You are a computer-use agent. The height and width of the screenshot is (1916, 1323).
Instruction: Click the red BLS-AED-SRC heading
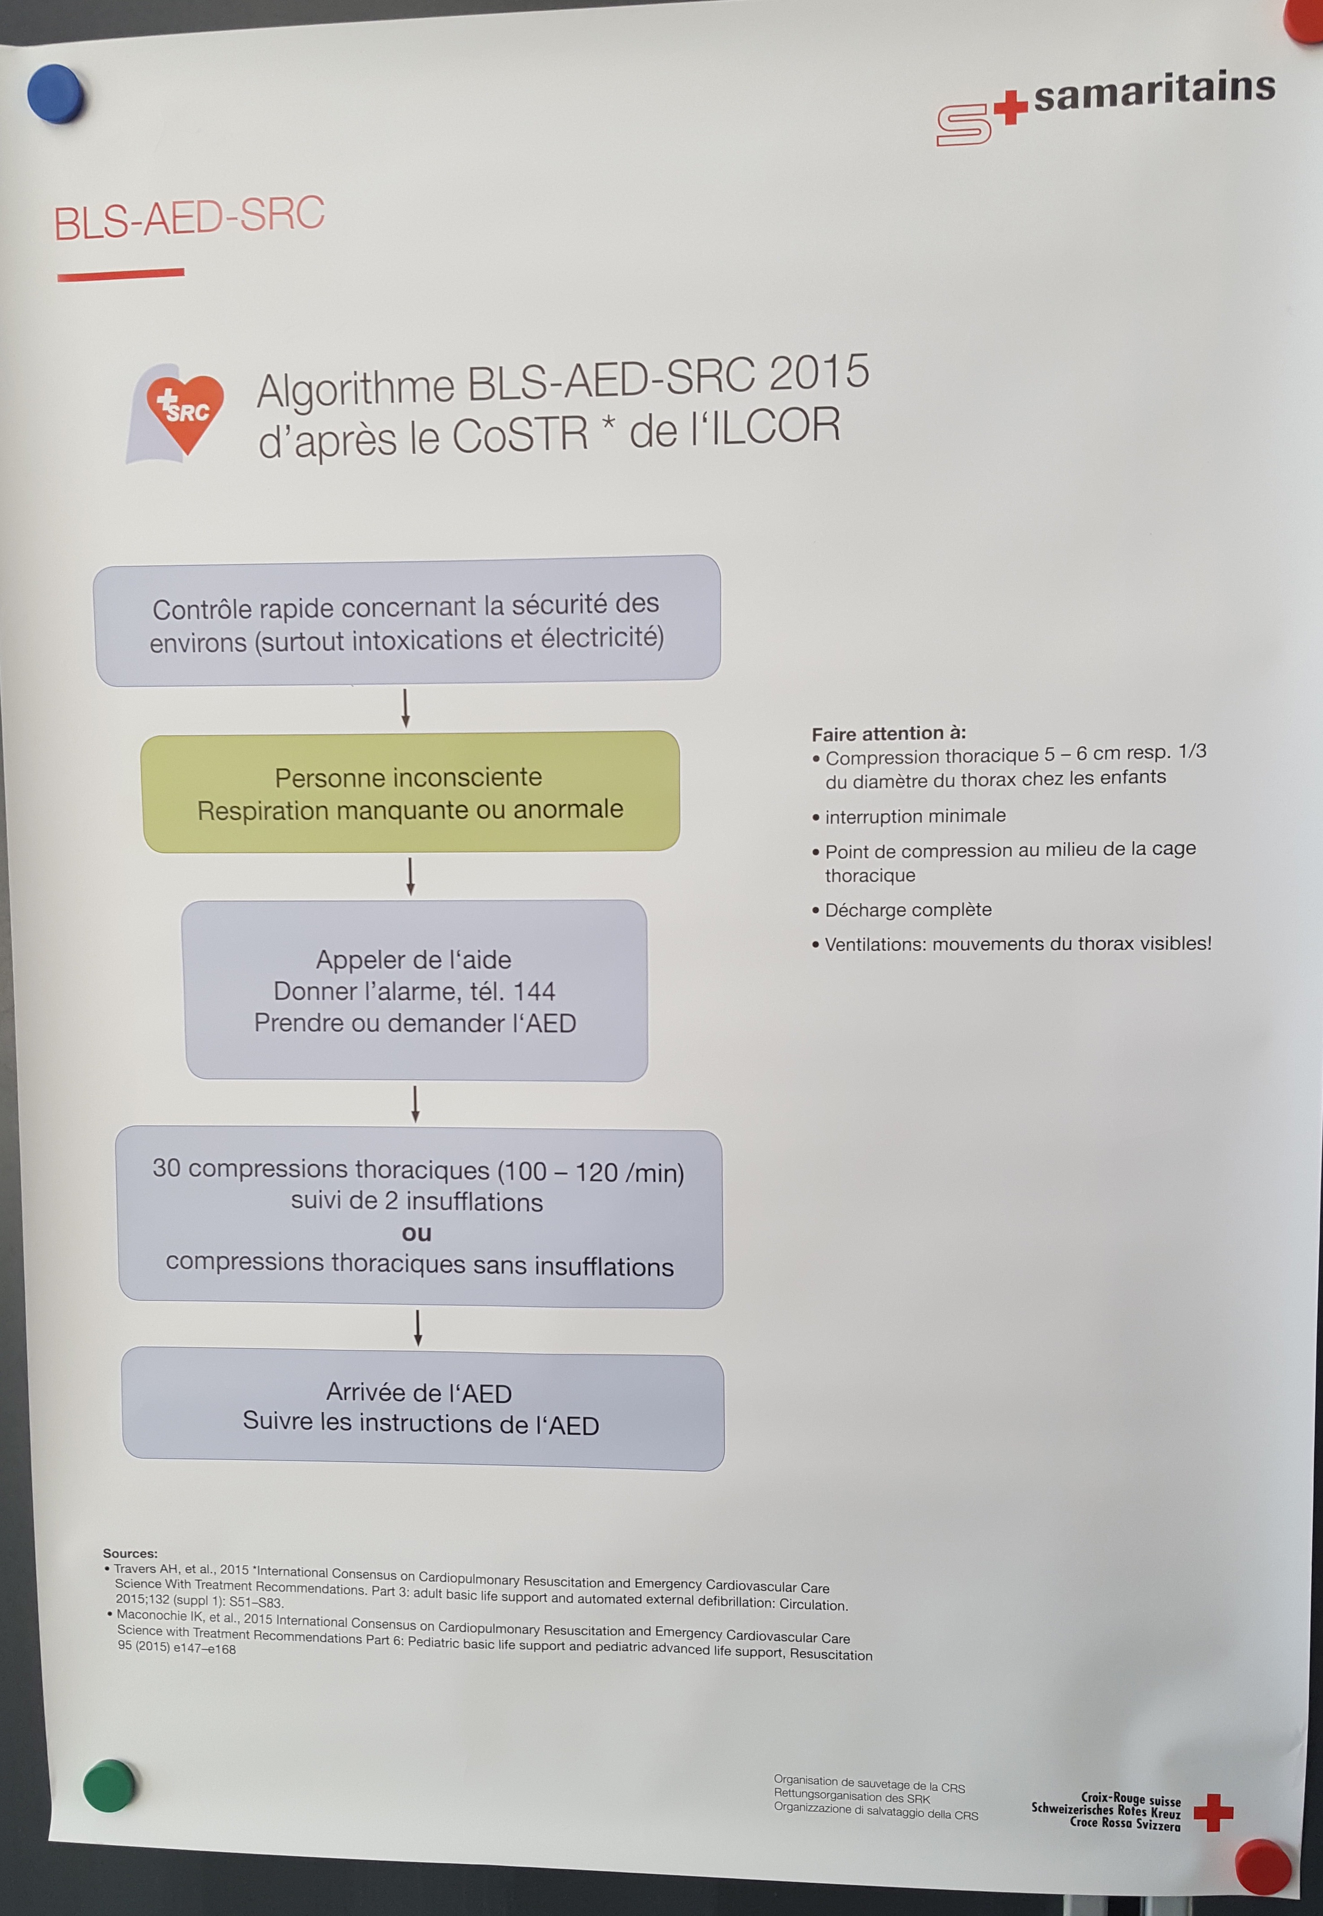pyautogui.click(x=189, y=217)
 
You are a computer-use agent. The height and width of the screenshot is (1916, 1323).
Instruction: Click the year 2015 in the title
pyautogui.click(x=819, y=372)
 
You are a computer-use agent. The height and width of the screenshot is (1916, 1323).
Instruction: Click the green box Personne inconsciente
pyautogui.click(x=410, y=791)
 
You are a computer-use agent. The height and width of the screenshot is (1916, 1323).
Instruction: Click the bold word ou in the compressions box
pyautogui.click(x=417, y=1233)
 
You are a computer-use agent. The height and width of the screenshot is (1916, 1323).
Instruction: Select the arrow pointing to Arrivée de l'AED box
pyautogui.click(x=418, y=1327)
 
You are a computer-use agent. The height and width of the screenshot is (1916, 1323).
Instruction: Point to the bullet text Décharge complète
pyautogui.click(x=908, y=910)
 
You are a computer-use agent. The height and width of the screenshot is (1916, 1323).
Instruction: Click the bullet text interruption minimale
pyautogui.click(x=915, y=816)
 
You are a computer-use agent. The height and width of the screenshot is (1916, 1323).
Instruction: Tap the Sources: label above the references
pyautogui.click(x=130, y=1553)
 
